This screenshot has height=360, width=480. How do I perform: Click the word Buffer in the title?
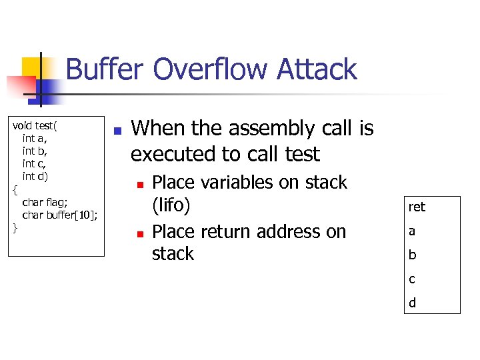tap(105, 70)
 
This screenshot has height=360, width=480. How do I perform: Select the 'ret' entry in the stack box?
tap(417, 207)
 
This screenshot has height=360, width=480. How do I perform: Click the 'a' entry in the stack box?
tap(412, 231)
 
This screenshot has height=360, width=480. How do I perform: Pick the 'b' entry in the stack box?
tap(412, 255)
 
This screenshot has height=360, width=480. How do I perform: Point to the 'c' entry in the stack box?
tap(412, 279)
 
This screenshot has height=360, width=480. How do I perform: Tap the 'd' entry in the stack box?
tap(412, 303)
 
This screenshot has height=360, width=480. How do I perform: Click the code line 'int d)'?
tap(35, 176)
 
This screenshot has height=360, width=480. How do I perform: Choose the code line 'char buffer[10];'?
tap(60, 215)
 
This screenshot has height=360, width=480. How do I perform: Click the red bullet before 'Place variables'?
tap(140, 183)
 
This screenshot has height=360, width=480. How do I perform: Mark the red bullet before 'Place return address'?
tap(140, 233)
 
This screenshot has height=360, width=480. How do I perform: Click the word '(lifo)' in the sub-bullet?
tap(171, 205)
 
